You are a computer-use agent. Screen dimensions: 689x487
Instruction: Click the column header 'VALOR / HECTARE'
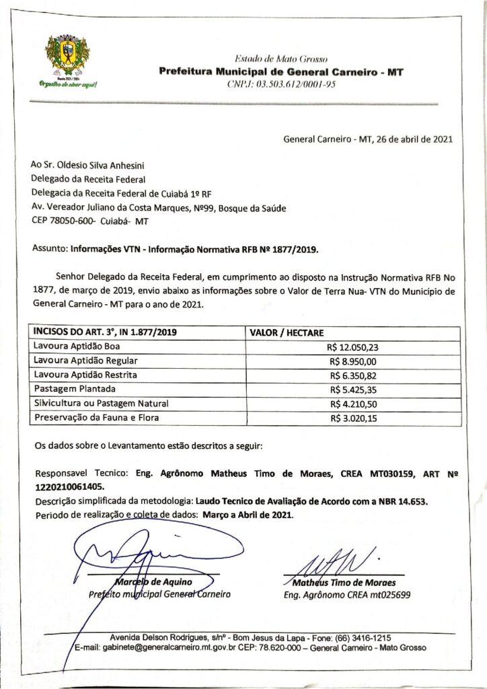[x=287, y=332]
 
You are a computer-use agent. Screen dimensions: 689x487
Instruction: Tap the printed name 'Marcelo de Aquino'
[x=154, y=581]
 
